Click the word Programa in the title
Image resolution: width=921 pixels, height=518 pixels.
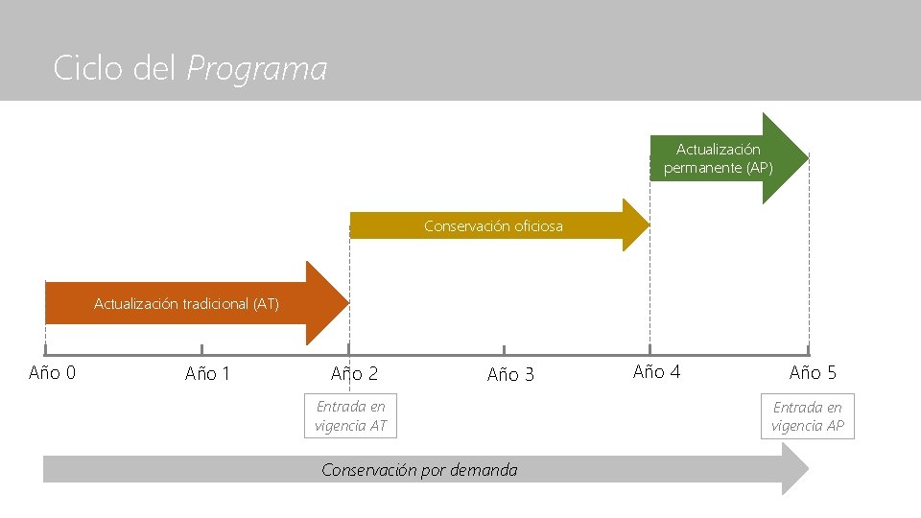pos(257,69)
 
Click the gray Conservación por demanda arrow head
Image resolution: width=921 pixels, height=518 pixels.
pos(795,470)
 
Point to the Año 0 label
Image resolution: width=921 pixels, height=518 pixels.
pos(53,372)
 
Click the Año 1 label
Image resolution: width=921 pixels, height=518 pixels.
pos(208,373)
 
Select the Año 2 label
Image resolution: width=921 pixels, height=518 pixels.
pos(354,373)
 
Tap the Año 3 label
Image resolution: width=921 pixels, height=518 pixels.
pos(510,374)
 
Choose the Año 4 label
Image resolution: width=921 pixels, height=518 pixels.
pos(657,371)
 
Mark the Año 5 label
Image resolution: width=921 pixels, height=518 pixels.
pos(813,372)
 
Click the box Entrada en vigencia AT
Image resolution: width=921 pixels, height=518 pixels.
pos(350,416)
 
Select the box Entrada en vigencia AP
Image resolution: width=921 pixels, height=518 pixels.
pos(808,416)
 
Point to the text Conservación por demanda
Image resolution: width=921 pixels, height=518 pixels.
pos(419,470)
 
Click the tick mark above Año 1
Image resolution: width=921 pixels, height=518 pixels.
pos(201,350)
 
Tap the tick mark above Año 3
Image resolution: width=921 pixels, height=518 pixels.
pos(504,350)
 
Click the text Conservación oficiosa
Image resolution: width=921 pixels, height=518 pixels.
pos(493,226)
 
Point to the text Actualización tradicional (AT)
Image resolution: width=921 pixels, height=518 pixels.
pos(186,304)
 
